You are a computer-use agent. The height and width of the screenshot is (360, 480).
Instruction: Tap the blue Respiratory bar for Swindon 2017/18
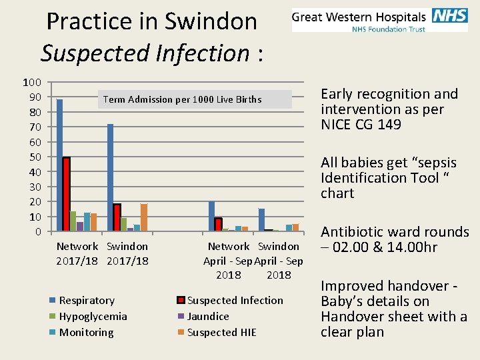110,177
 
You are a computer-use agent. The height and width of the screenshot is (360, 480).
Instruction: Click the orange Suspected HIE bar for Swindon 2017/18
144,217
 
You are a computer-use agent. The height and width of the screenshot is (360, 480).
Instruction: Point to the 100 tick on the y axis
32,83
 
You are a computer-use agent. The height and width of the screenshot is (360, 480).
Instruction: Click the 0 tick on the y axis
38,231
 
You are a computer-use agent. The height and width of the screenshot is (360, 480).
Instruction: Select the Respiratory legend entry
87,301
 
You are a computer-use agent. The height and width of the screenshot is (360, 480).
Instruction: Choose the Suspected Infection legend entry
235,301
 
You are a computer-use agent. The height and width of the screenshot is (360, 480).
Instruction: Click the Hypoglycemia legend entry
93,317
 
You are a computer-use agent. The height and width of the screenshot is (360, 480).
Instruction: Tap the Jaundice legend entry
208,317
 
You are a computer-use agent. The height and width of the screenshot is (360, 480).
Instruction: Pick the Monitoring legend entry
86,333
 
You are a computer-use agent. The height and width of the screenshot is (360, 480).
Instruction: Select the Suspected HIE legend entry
221,333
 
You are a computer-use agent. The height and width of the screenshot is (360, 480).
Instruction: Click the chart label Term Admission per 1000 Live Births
182,100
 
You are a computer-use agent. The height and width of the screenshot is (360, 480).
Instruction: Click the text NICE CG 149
361,125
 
